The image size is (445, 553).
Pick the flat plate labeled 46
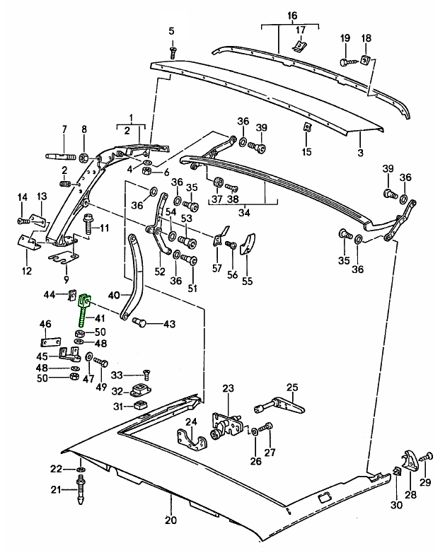point(46,341)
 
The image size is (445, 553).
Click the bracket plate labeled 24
point(192,441)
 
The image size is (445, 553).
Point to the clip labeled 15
point(306,128)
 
